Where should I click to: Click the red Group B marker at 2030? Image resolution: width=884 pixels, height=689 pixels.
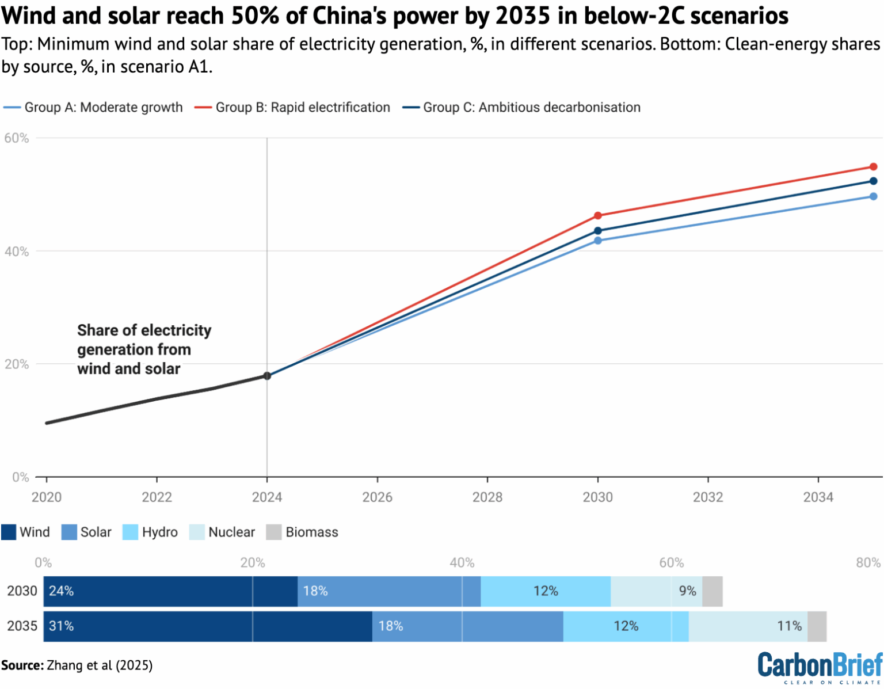point(597,216)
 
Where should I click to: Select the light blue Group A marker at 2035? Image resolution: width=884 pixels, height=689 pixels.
point(873,196)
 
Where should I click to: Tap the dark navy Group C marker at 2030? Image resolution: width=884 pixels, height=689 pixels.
point(597,231)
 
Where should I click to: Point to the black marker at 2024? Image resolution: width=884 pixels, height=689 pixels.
point(267,376)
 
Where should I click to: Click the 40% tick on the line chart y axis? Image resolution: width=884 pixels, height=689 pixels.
point(17,252)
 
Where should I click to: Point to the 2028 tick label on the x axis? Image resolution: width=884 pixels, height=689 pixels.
point(487,497)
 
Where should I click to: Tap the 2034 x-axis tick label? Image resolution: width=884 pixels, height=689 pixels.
point(818,497)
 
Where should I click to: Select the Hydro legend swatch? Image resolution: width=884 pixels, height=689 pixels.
point(131,532)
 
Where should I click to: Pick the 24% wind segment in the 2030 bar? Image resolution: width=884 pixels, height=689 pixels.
point(170,591)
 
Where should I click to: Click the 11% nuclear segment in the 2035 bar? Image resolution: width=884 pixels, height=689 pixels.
point(748,626)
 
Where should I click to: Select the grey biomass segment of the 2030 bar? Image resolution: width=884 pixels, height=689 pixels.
point(712,591)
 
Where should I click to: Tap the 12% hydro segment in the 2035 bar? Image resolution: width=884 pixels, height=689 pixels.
point(626,626)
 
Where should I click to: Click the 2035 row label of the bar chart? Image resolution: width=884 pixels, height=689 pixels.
point(22,626)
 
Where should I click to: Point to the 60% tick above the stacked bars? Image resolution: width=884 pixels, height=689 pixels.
point(671,562)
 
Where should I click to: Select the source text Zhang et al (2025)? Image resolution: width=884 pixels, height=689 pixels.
point(100,665)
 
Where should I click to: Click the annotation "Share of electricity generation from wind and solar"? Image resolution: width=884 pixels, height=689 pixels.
point(144,349)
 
